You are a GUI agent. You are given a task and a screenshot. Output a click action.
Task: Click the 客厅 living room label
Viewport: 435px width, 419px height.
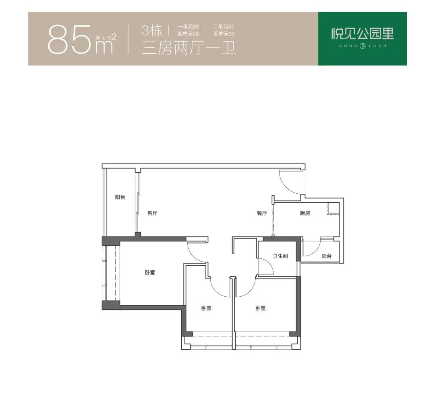pyautogui.click(x=152, y=213)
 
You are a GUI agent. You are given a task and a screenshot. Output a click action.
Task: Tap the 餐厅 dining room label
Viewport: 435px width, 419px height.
pyautogui.click(x=262, y=213)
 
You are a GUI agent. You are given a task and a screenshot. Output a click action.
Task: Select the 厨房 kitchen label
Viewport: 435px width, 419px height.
pyautogui.click(x=305, y=213)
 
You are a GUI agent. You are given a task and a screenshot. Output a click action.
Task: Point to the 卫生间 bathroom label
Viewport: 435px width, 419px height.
pyautogui.click(x=280, y=256)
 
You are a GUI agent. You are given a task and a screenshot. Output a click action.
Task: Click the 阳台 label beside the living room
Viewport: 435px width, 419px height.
pyautogui.click(x=120, y=197)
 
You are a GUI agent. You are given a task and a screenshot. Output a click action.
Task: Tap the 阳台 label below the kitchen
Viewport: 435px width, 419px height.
pyautogui.click(x=327, y=256)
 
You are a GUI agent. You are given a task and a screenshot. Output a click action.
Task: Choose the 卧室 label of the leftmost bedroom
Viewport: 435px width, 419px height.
pyautogui.click(x=150, y=272)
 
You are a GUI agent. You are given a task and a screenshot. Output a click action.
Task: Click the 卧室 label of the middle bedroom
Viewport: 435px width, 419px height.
pyautogui.click(x=206, y=308)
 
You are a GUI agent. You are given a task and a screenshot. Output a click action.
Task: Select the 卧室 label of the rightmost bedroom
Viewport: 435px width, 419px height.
pyautogui.click(x=260, y=308)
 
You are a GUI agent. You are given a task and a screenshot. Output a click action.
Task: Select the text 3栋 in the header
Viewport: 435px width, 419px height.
pyautogui.click(x=152, y=31)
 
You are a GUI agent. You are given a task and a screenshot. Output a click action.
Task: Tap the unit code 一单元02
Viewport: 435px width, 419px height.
pyautogui.click(x=188, y=27)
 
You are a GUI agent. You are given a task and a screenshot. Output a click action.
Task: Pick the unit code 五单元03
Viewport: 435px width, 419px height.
pyautogui.click(x=224, y=34)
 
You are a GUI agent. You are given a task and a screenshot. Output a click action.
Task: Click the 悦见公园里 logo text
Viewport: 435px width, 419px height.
pyautogui.click(x=362, y=34)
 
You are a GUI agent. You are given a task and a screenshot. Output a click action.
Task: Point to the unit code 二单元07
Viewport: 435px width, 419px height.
pyautogui.click(x=224, y=27)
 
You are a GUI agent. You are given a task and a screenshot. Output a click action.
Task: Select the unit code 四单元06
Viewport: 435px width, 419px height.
pyautogui.click(x=188, y=34)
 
